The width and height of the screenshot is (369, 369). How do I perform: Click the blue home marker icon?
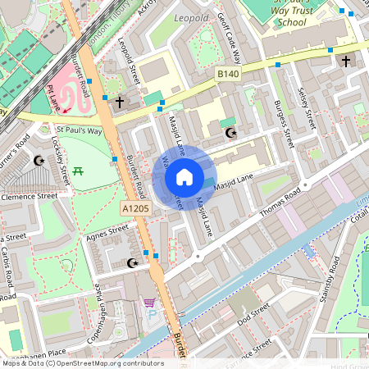point(184,177)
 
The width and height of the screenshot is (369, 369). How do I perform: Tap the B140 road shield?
point(228,75)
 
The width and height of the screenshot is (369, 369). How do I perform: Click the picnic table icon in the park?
point(79,171)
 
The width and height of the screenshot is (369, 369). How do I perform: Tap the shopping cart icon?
point(149,303)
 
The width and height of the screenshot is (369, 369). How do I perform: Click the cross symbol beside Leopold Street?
point(121,102)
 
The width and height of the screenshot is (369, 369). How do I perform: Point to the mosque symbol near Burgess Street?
point(230,132)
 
